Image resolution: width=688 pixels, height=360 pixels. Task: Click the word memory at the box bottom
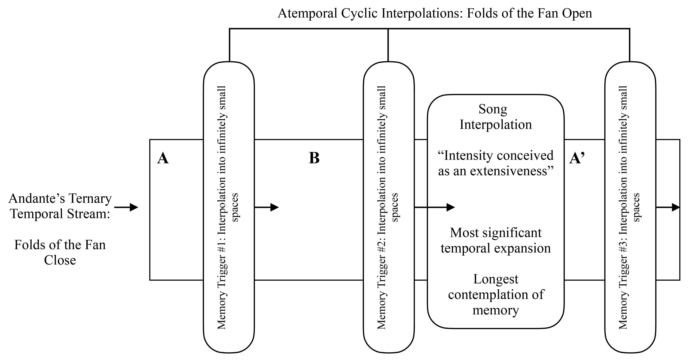point(496,310)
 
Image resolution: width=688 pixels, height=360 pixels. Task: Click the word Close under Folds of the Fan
point(60,260)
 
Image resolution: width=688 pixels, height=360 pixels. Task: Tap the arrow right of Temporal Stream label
point(126,207)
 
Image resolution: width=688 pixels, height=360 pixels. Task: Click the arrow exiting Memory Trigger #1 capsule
point(267,207)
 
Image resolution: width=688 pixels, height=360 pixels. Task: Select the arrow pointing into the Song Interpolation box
point(435,207)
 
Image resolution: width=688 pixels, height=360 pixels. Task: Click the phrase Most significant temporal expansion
point(496,241)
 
